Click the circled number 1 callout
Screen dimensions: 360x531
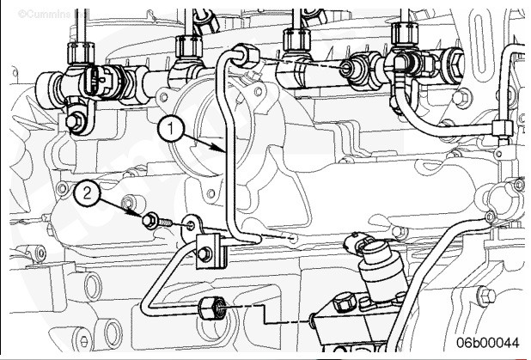[x=172, y=129]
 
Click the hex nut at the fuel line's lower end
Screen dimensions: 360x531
[x=209, y=308]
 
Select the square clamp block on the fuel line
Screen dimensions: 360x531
[x=207, y=250]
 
